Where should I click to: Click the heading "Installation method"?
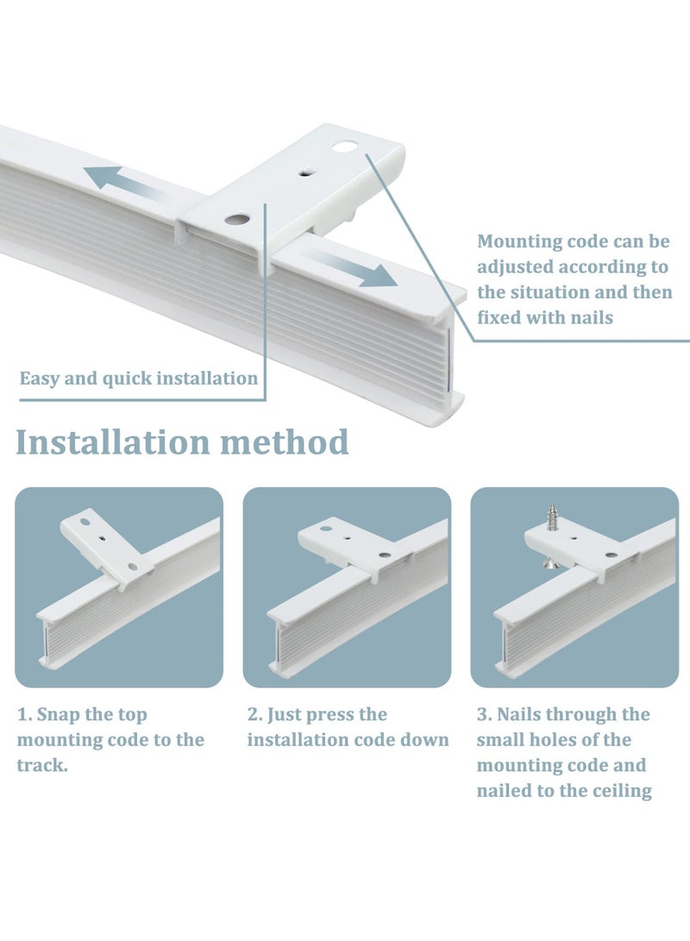pos(182,442)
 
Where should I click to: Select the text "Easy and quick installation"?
pos(139,379)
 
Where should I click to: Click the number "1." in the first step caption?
pos(25,715)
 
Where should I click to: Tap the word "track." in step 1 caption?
pos(42,765)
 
